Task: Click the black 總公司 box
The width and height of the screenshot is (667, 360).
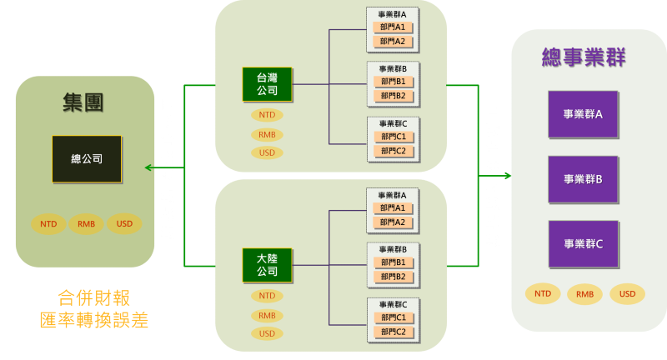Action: point(87,158)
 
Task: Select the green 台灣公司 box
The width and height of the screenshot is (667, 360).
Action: point(267,84)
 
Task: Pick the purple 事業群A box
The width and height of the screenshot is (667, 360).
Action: point(583,114)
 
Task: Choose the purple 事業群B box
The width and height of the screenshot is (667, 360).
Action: point(583,178)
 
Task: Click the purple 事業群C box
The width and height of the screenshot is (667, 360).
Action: point(583,243)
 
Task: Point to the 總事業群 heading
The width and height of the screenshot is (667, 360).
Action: point(584,57)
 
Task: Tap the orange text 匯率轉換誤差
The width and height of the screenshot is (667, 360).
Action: point(93,320)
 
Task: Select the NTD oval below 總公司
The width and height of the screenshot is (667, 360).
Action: point(48,224)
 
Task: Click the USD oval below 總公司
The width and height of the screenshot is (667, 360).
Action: point(124,224)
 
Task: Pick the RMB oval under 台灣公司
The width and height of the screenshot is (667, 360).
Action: point(267,134)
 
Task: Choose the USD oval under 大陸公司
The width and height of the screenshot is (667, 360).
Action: point(267,333)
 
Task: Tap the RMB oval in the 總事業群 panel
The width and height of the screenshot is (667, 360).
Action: point(584,294)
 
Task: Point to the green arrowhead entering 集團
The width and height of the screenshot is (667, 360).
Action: point(148,167)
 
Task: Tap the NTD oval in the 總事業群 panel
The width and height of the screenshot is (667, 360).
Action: point(543,293)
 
